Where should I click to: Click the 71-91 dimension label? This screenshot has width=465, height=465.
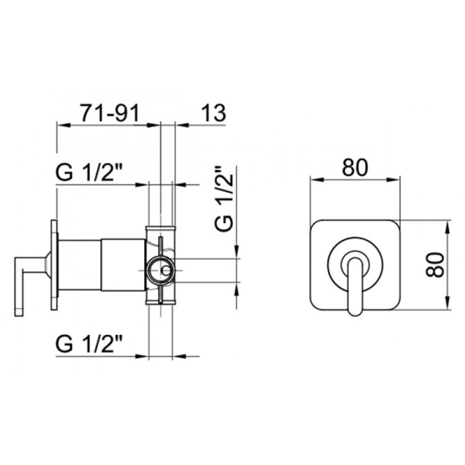(x=110, y=113)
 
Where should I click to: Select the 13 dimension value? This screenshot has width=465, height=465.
(x=213, y=113)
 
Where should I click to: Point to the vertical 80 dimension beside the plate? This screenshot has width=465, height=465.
(x=435, y=265)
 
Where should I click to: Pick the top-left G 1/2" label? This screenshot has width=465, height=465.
(x=89, y=172)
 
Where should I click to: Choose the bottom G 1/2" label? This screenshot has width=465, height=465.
(x=89, y=343)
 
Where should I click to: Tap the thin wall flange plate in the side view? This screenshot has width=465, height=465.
(x=54, y=265)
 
